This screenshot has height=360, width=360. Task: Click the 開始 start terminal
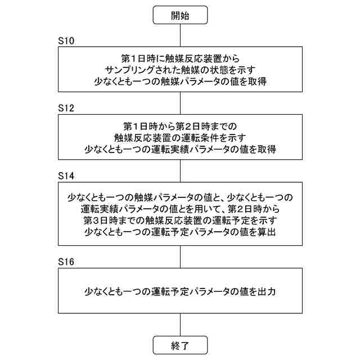[x=180, y=15]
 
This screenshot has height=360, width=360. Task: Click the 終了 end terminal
[x=180, y=344]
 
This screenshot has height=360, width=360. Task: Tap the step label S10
[x=66, y=41]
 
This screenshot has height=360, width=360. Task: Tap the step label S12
[x=66, y=107]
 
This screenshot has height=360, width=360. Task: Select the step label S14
[x=66, y=175]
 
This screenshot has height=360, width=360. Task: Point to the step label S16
[x=66, y=262]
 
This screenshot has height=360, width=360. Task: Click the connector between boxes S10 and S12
[x=180, y=103]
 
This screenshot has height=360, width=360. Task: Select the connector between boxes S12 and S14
[x=180, y=170]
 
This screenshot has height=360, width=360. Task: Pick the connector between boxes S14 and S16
[x=180, y=256]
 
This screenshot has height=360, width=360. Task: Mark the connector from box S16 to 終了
[x=180, y=325]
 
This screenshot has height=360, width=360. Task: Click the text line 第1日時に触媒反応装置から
[x=180, y=58]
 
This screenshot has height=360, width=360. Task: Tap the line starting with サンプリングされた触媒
[x=180, y=70]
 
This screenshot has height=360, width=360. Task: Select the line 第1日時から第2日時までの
[x=180, y=125]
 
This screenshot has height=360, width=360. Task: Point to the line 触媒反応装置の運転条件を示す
[x=180, y=137]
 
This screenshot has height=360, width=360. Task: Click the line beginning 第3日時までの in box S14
[x=180, y=219]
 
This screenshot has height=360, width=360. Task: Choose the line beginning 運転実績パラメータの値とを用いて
[x=180, y=208]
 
